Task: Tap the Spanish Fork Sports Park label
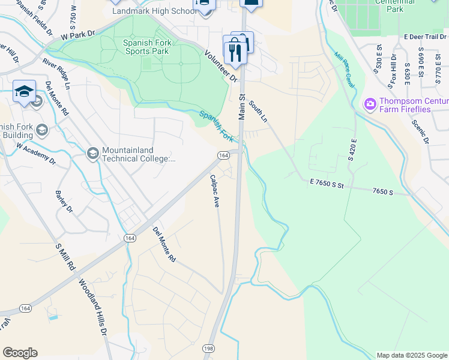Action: [147, 47]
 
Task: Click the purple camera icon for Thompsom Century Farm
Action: [370, 104]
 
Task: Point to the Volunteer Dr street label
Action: [220, 65]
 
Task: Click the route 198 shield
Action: [208, 348]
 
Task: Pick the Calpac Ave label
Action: [214, 191]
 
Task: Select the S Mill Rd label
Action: [65, 257]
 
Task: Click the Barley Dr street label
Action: [64, 202]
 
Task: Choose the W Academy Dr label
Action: [35, 154]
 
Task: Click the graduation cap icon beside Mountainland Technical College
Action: [93, 154]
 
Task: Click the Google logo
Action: [20, 353]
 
